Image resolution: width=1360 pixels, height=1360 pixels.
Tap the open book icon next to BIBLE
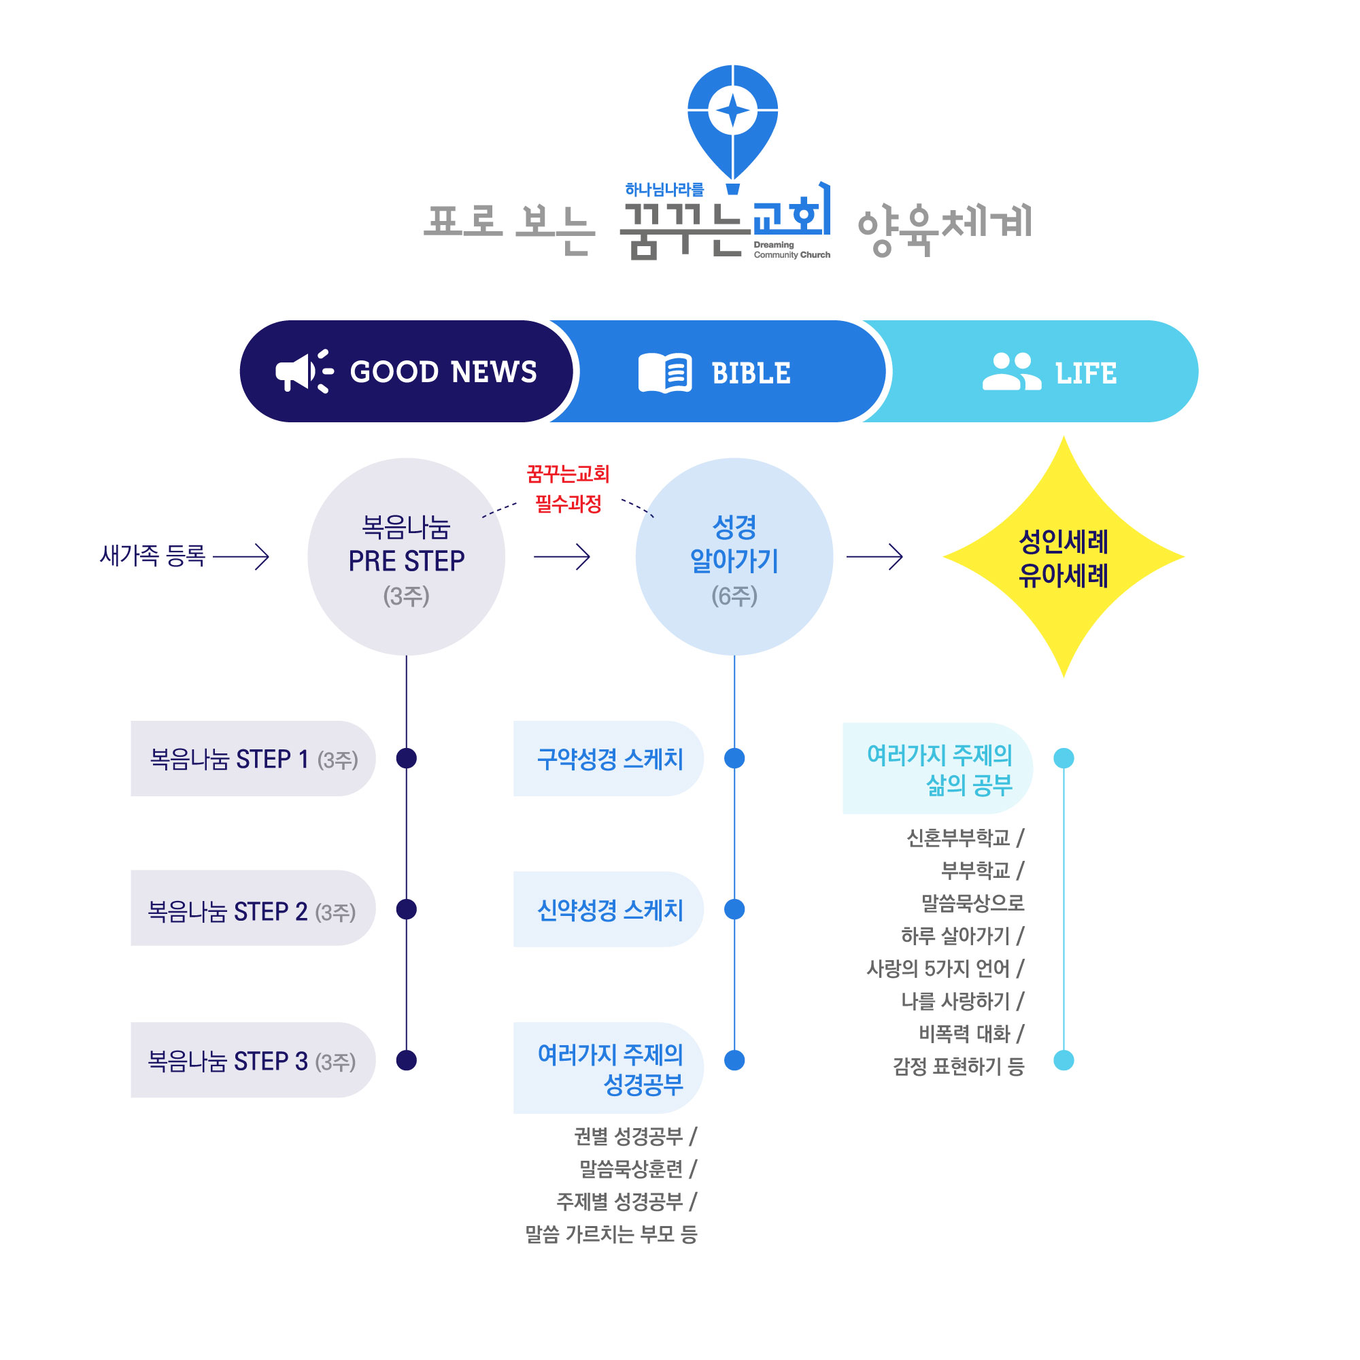[664, 373]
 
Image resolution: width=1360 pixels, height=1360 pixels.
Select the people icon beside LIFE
[1011, 371]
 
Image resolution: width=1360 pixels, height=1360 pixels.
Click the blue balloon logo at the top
[732, 120]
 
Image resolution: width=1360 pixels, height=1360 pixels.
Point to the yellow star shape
[1063, 557]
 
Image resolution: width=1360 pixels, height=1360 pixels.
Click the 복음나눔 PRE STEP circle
[406, 557]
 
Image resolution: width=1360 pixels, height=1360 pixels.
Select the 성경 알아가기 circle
[734, 557]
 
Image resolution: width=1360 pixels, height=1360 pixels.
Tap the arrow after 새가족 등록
[241, 557]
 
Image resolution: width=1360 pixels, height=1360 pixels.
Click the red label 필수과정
[568, 504]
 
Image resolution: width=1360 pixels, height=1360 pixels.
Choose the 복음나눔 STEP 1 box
[253, 759]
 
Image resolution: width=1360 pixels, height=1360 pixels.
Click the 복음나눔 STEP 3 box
[253, 1060]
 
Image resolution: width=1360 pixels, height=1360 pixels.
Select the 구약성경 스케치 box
[608, 759]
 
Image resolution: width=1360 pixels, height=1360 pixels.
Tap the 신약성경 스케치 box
[608, 909]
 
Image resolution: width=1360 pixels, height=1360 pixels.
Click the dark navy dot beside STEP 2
[406, 909]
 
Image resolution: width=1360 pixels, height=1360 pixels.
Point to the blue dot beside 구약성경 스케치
[734, 758]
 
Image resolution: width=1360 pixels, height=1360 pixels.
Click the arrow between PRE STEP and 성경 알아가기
[561, 557]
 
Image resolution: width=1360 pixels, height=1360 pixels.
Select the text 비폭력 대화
[964, 1034]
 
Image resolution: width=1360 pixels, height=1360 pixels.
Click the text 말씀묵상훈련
[631, 1168]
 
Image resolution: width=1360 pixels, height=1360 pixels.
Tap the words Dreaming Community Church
[792, 250]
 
